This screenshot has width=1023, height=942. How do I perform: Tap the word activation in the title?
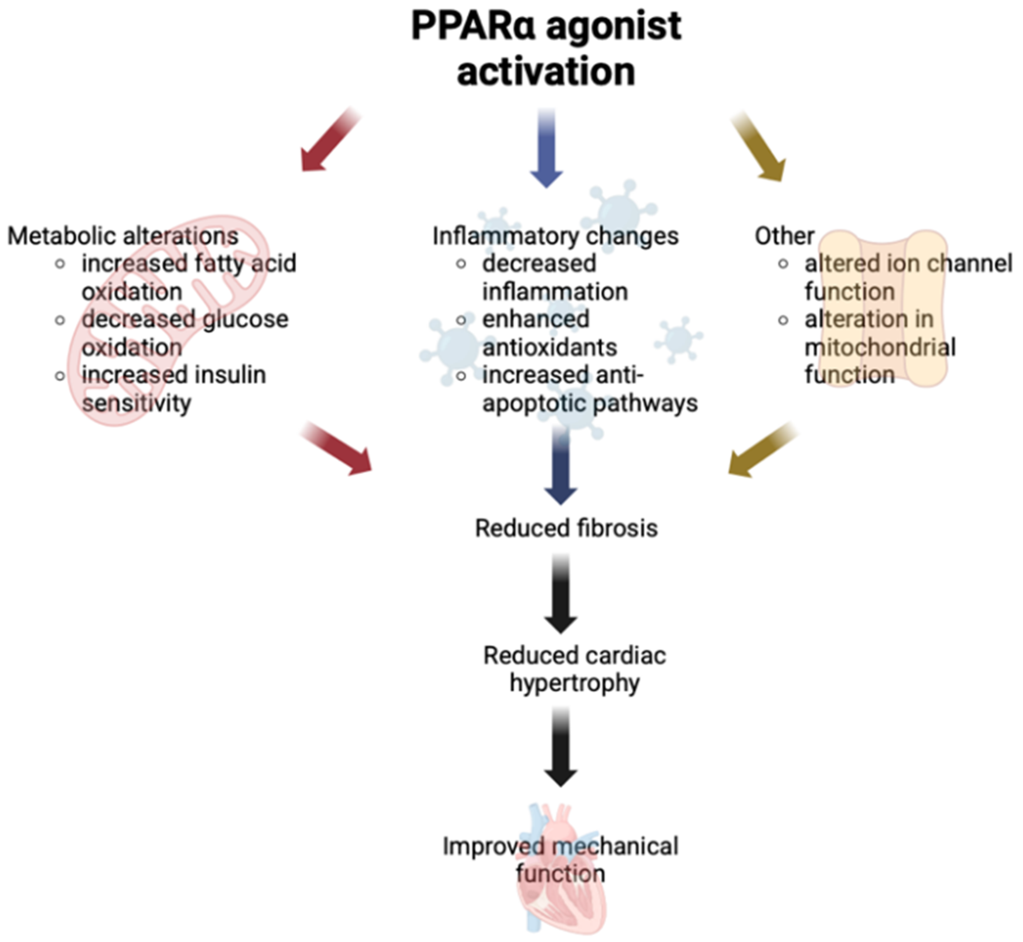pos(546,71)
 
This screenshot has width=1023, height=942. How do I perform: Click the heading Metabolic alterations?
pos(123,236)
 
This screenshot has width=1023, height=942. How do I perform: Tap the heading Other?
pos(784,236)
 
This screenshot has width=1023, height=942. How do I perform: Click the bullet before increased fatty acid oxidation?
pos(60,264)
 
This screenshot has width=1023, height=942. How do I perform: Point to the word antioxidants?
pos(549,348)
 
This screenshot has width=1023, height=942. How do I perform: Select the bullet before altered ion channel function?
pos(783,264)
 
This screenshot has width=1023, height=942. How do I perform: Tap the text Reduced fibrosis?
pos(566,528)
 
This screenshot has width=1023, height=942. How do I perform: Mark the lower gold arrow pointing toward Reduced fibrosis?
pos(760,451)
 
